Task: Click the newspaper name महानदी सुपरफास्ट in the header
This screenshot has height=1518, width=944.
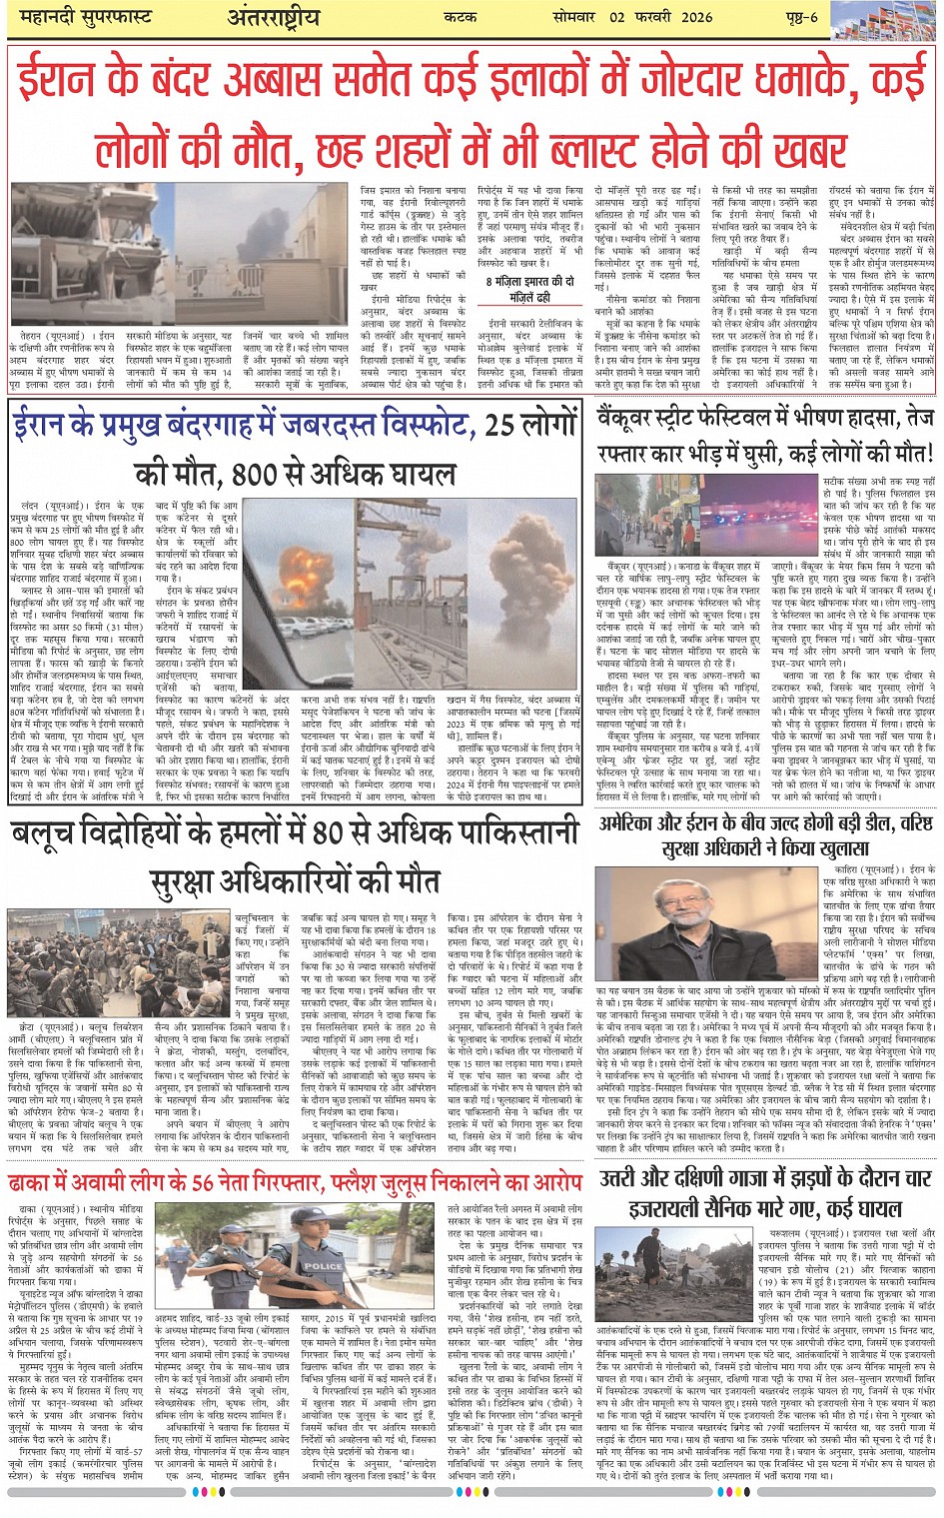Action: [76, 18]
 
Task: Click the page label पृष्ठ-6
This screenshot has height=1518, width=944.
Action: [799, 17]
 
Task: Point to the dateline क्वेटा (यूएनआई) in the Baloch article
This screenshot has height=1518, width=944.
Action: [44, 1026]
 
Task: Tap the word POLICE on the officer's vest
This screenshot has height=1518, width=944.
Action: [322, 1266]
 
